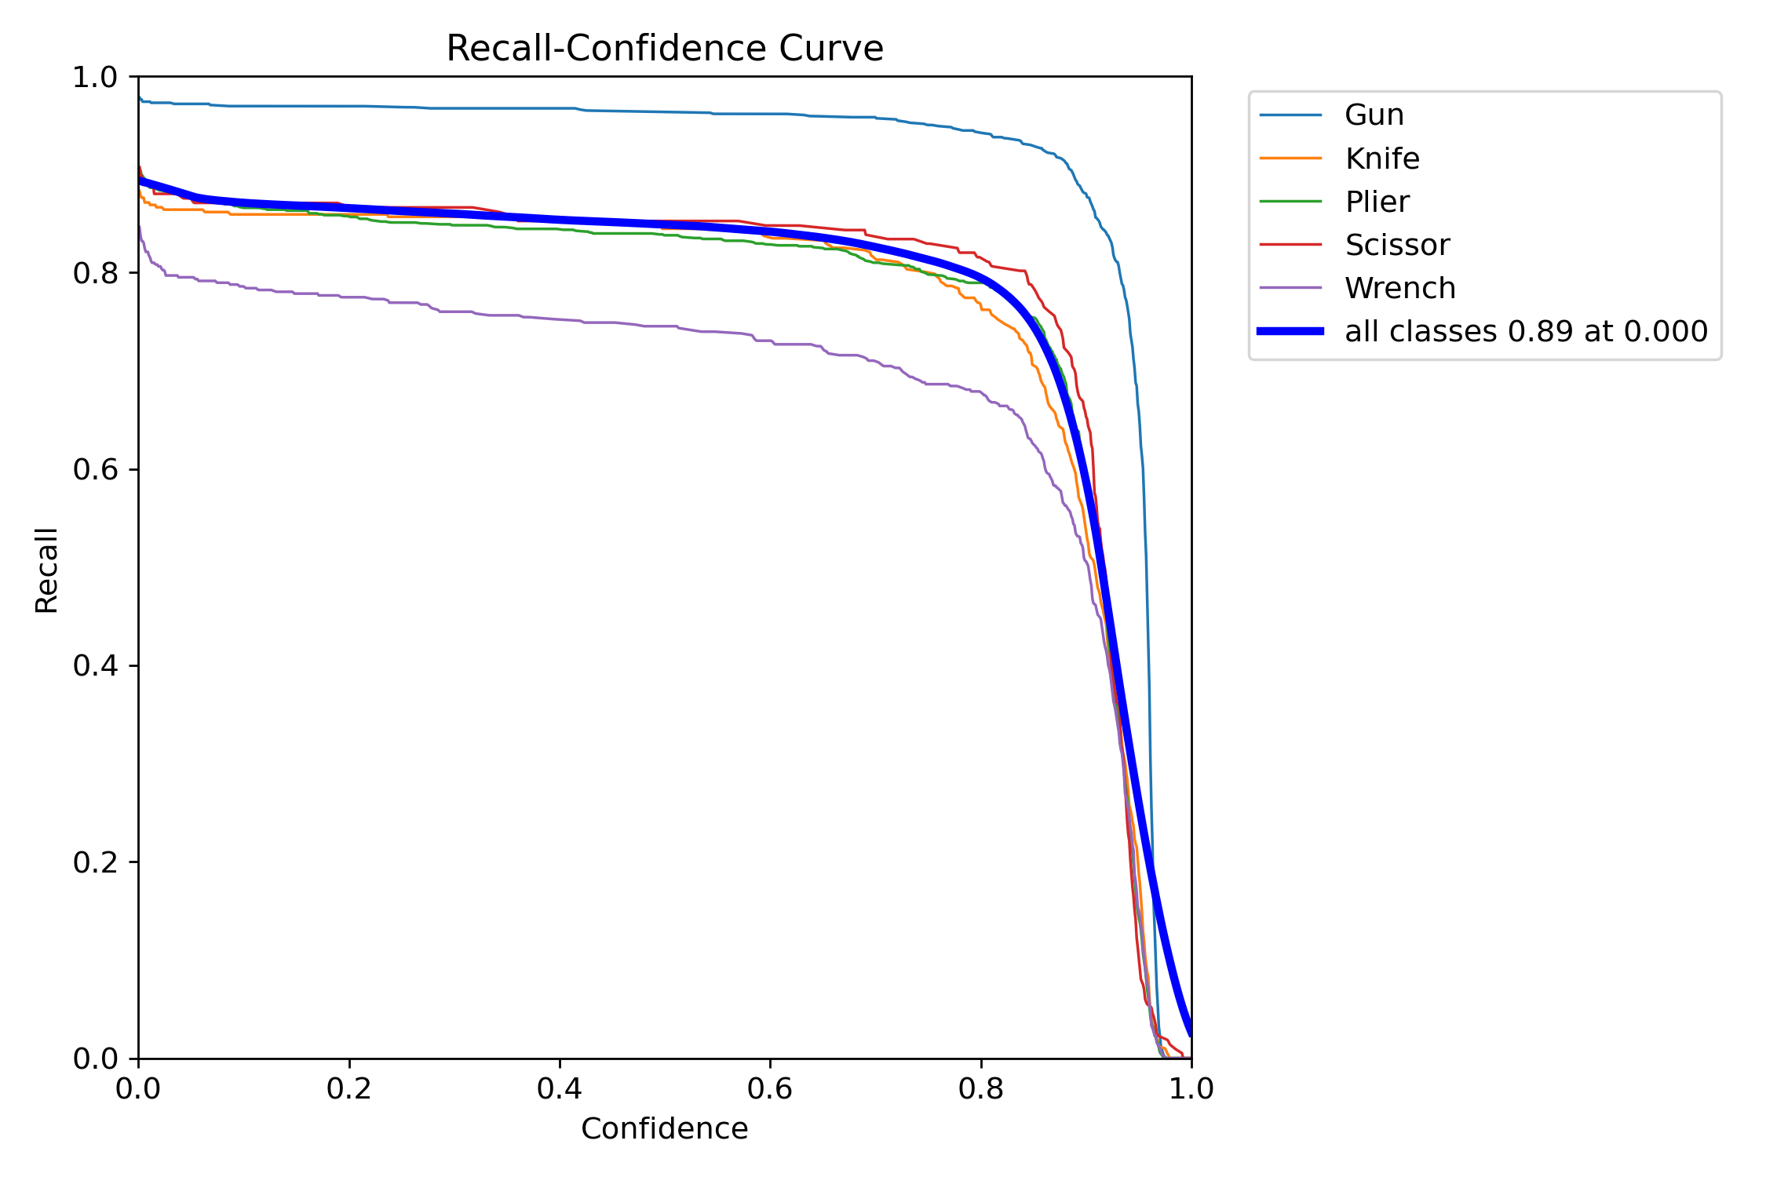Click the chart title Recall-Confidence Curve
pos(664,49)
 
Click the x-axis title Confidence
pos(664,1128)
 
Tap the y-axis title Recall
pos(47,570)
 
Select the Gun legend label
pos(1374,115)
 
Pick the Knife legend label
pos(1381,159)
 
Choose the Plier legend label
pos(1377,202)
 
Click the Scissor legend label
pos(1397,245)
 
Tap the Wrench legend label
pos(1399,288)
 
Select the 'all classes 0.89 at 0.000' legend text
pos(1526,331)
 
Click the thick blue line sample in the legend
pos(1290,331)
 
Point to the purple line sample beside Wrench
pos(1290,288)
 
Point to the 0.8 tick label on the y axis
pos(94,273)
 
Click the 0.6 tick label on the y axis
pos(94,469)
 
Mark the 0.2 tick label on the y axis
pos(94,862)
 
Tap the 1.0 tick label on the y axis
pos(94,77)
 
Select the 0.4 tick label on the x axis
pos(560,1088)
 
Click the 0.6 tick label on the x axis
pos(770,1088)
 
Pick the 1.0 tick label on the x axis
pos(1191,1088)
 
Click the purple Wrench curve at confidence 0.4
pos(560,319)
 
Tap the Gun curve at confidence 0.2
pos(349,106)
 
